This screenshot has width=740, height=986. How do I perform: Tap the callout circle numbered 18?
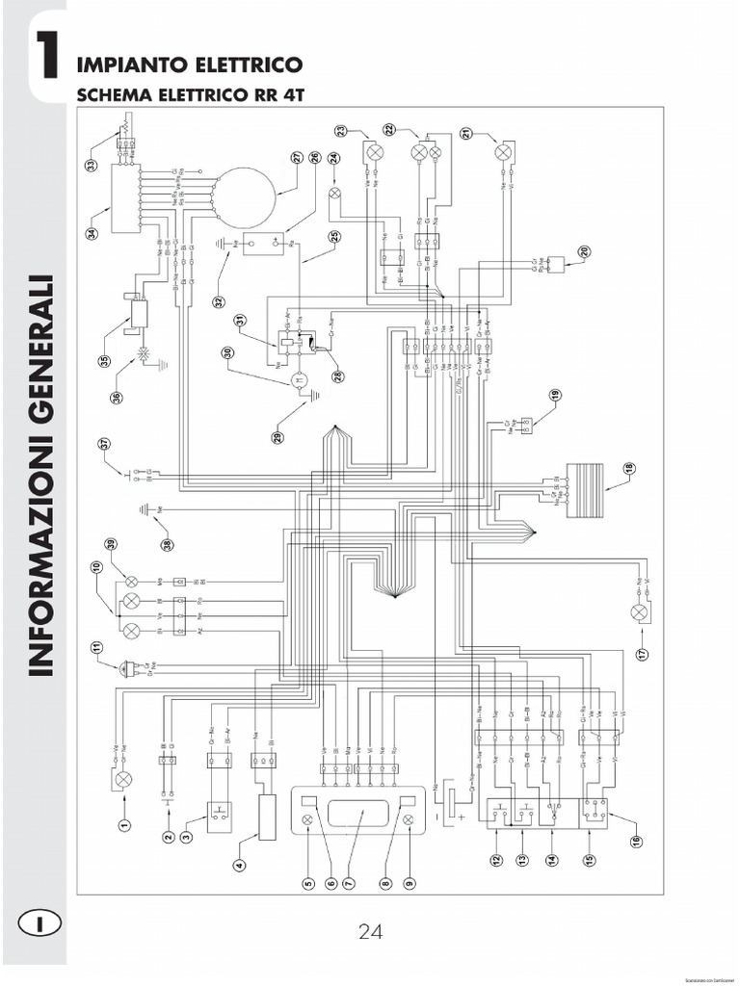(x=629, y=469)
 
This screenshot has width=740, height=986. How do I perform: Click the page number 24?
(x=371, y=931)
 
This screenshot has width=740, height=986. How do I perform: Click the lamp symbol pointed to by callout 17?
(x=638, y=612)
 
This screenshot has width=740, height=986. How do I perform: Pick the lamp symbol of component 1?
(x=123, y=778)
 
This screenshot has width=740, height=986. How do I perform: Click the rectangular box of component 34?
(x=125, y=197)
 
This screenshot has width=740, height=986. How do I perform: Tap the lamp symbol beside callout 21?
(x=502, y=152)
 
